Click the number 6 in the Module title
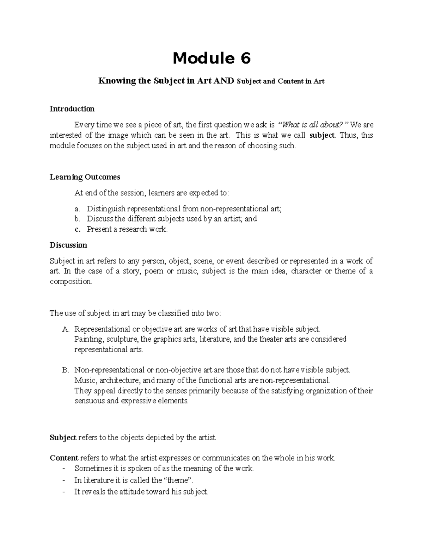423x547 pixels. pos(245,58)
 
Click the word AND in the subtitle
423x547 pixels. pos(224,81)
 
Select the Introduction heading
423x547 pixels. pos(72,109)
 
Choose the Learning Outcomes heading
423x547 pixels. pos(85,177)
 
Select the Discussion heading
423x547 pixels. pos(68,245)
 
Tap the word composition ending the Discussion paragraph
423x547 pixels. pos(70,282)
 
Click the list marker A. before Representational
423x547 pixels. pos(66,329)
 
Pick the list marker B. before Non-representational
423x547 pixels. pos(65,370)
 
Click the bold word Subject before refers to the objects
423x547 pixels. pos(63,438)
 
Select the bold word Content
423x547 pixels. pos(64,458)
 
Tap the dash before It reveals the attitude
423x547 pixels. pos(63,492)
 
